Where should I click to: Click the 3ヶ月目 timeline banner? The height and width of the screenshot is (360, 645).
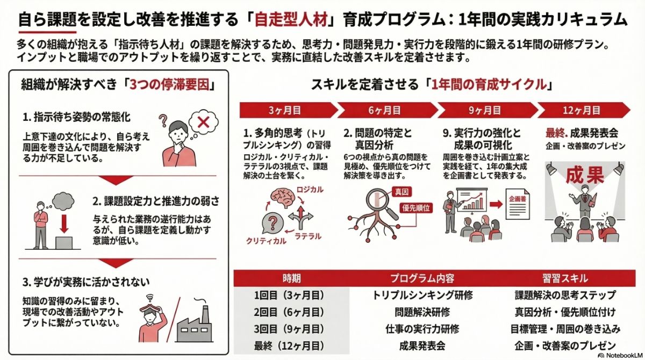[x=285, y=111]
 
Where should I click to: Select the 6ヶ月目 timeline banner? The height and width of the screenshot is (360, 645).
[x=385, y=111]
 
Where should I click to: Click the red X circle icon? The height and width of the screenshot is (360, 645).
[x=203, y=123]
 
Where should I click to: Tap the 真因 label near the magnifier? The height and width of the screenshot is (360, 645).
[x=401, y=192]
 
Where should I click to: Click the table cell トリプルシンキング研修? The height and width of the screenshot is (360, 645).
[x=422, y=295]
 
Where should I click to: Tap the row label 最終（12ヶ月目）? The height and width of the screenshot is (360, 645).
[x=292, y=345]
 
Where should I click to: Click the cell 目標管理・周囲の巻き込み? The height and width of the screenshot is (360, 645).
[x=564, y=328]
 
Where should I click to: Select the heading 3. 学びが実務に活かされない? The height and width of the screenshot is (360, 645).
[x=86, y=282]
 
